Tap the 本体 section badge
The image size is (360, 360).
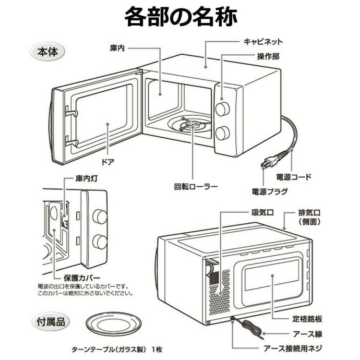coord(48,52)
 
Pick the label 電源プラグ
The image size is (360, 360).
coord(270,192)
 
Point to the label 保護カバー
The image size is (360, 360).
coord(82,278)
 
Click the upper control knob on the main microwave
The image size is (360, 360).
coord(222,109)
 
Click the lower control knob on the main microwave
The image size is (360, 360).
coord(222,132)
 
